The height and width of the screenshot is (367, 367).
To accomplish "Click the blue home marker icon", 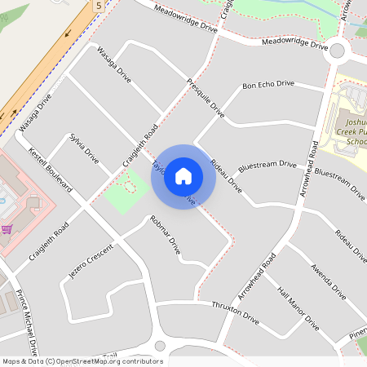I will (x=183, y=176).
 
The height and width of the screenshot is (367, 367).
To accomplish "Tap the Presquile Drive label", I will (x=205, y=95).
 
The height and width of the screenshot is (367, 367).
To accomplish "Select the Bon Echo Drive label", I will (x=268, y=84).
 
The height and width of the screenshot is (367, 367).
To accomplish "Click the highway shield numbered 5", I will (x=99, y=6).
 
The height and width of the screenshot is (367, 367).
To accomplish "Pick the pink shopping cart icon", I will (x=7, y=229).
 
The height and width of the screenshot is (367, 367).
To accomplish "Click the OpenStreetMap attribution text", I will (x=71, y=360).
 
